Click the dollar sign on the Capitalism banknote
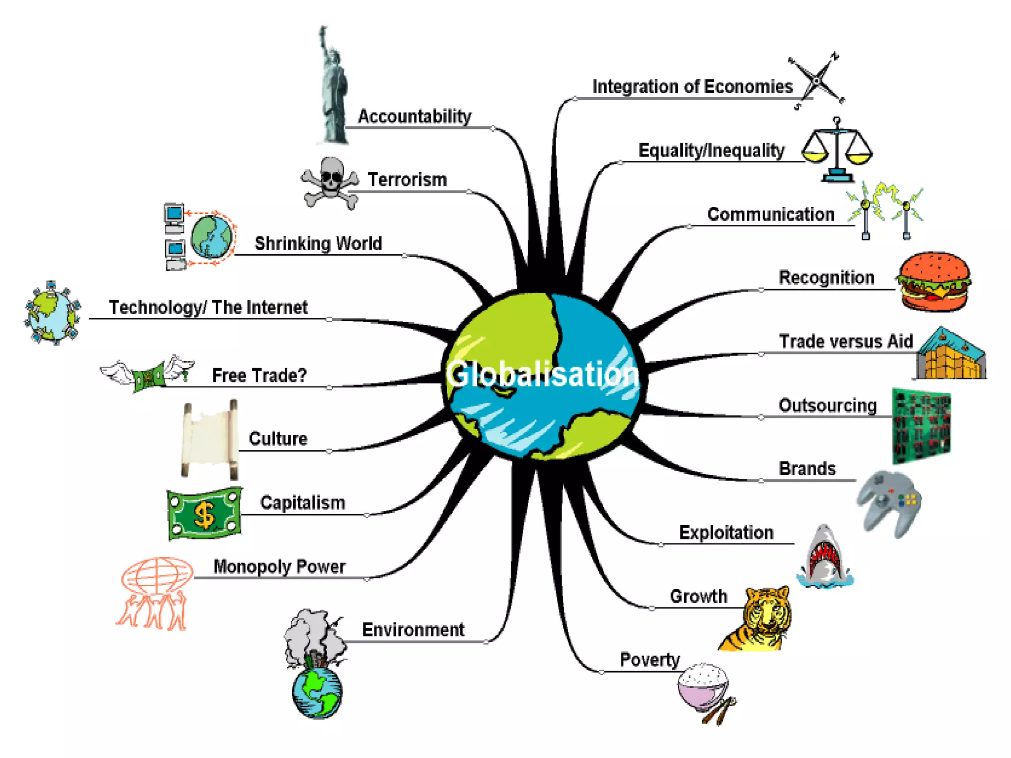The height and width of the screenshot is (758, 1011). pyautogui.click(x=204, y=515)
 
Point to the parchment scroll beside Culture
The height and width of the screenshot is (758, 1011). pyautogui.click(x=210, y=439)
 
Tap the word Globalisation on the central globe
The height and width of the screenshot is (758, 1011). pyautogui.click(x=542, y=374)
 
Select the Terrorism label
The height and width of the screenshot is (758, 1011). pyautogui.click(x=407, y=180)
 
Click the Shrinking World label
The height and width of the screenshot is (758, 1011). pyautogui.click(x=318, y=243)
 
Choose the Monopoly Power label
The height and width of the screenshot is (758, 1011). pyautogui.click(x=279, y=567)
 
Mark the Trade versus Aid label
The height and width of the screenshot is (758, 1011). pyautogui.click(x=846, y=341)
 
